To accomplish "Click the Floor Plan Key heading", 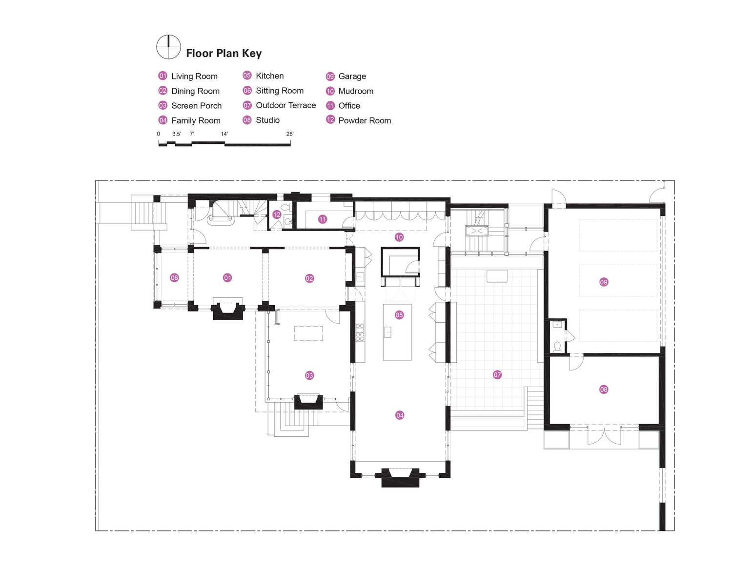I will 224,53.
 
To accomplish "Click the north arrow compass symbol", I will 168,47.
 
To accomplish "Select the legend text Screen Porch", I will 196,106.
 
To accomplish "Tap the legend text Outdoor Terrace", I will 285,105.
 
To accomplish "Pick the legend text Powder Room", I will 365,120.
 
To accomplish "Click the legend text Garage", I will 352,76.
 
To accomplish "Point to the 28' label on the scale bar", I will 290,134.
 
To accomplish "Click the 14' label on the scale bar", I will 224,134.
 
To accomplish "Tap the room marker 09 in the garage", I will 604,282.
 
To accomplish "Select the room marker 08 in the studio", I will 604,389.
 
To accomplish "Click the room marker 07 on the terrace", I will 497,374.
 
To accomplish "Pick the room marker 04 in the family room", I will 400,415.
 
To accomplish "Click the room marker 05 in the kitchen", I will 399,315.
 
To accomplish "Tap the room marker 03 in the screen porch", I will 309,375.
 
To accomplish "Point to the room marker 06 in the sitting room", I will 174,278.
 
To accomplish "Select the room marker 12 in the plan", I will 277,214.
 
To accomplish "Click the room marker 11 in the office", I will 322,219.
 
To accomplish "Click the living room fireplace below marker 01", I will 227,311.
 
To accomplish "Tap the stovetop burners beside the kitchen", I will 360,332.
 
